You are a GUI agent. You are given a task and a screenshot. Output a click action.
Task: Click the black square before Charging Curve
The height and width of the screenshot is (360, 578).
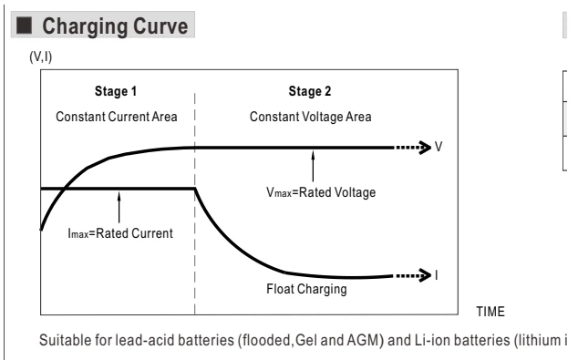click(24, 25)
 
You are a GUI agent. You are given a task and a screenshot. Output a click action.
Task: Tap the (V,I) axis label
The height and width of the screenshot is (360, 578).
click(41, 57)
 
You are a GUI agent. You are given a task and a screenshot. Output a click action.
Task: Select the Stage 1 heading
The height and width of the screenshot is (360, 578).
click(116, 91)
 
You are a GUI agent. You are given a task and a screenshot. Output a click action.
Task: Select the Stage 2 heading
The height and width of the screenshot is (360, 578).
click(310, 91)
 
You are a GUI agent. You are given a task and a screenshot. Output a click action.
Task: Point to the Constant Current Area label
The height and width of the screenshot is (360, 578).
click(117, 117)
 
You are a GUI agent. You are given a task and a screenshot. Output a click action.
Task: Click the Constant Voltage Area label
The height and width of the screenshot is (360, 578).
click(310, 117)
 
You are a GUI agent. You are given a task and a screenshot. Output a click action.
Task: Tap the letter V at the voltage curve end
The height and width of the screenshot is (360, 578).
click(439, 147)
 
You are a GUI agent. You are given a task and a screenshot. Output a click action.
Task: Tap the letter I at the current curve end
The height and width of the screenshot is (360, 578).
click(437, 275)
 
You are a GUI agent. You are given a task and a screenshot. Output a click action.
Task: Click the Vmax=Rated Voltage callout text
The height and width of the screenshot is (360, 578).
click(321, 192)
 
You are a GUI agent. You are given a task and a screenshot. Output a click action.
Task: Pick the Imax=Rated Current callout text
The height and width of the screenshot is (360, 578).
click(120, 233)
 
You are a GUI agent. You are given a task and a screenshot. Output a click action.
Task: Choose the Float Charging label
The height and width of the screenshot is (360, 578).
click(306, 289)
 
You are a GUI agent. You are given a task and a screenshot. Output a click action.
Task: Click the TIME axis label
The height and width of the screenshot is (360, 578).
click(490, 312)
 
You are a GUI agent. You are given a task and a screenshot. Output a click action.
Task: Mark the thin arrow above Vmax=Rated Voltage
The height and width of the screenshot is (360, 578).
click(313, 166)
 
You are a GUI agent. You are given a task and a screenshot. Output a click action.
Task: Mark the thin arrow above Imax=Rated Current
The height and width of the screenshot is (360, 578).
click(119, 207)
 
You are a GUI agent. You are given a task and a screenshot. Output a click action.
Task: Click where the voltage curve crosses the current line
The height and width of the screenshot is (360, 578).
click(64, 189)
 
